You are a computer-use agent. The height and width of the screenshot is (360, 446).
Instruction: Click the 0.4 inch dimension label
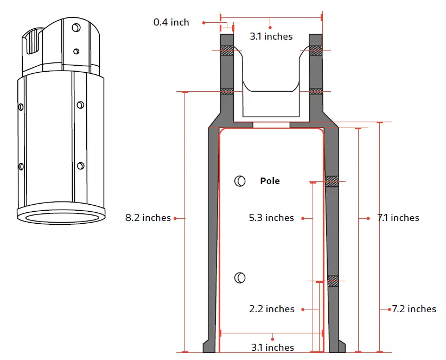[x=171, y=22]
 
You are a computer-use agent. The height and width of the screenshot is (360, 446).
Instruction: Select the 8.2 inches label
[x=148, y=218]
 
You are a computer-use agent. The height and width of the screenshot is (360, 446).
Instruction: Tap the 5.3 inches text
[x=271, y=218]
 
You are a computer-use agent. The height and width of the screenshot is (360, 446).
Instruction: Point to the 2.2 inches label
[x=271, y=309]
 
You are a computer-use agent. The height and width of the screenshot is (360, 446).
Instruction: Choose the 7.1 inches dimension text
[x=398, y=218]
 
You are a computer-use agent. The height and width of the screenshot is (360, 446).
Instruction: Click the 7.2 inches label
[x=414, y=309]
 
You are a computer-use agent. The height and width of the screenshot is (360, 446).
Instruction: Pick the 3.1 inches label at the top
[x=271, y=36]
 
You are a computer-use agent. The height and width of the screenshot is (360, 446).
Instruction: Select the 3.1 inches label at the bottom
[x=272, y=347]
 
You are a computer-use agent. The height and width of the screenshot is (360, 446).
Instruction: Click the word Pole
[x=270, y=181]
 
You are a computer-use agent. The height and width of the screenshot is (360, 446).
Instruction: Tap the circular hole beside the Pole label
[x=239, y=181]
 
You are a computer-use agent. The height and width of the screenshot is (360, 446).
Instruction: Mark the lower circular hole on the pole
[x=239, y=277]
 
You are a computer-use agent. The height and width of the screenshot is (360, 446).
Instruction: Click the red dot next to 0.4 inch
[x=204, y=22]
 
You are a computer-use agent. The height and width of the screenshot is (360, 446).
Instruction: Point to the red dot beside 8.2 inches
[x=175, y=218]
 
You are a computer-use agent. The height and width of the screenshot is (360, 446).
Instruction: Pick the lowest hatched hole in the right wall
[x=333, y=281]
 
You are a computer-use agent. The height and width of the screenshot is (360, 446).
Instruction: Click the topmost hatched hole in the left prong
[x=227, y=50]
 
